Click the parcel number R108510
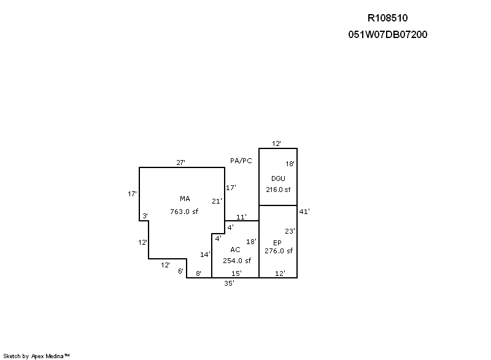point(388,18)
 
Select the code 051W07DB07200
point(388,34)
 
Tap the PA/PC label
point(241,161)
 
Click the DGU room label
point(278,178)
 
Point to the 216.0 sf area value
point(278,190)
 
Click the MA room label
point(185,199)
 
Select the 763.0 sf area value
point(184,212)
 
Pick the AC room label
point(235,250)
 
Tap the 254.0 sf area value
point(237,261)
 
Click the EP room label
point(277,243)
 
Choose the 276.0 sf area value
point(279,251)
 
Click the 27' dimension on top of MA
point(180,163)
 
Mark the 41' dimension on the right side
point(304,212)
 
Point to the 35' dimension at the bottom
point(229,283)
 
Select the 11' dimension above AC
point(241,217)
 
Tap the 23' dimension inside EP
point(290,231)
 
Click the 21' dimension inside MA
point(217,201)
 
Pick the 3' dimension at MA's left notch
point(145,216)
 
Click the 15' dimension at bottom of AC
point(236,274)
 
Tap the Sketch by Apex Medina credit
point(36,356)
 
